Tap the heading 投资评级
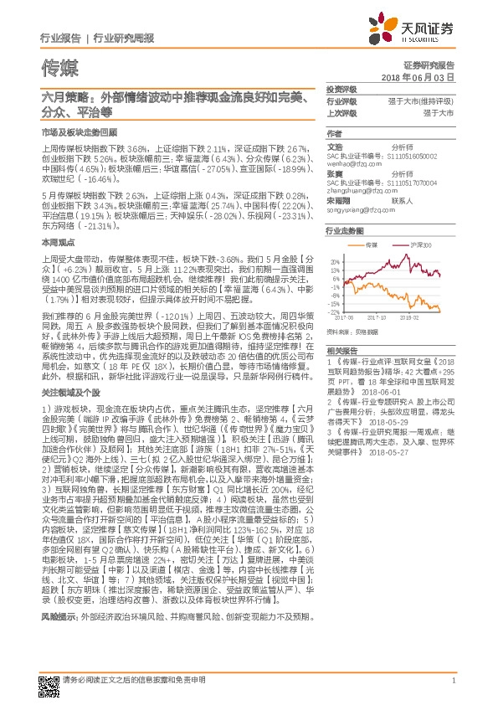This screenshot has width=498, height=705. click(341, 88)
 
